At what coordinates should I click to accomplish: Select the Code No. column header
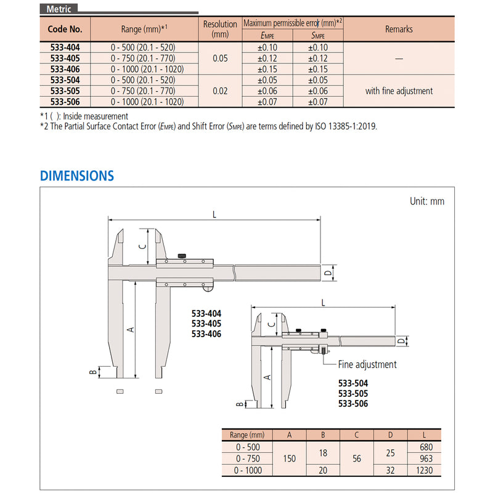pyautogui.click(x=65, y=29)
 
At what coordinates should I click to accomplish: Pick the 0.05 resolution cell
pyautogui.click(x=220, y=59)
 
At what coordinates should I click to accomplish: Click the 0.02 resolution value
pyautogui.click(x=220, y=91)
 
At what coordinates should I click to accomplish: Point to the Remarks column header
pyautogui.click(x=399, y=29)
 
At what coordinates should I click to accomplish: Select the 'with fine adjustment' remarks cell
pyautogui.click(x=399, y=91)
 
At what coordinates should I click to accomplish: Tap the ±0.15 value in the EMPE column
pyautogui.click(x=266, y=69)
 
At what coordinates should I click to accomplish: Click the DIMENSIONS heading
pyautogui.click(x=77, y=176)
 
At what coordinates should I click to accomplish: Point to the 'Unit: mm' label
pyautogui.click(x=426, y=202)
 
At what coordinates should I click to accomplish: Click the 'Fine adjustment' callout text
pyautogui.click(x=367, y=364)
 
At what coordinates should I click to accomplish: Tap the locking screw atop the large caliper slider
pyautogui.click(x=183, y=255)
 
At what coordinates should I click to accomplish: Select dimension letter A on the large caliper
pyautogui.click(x=130, y=329)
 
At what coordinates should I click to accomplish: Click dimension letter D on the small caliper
pyautogui.click(x=399, y=340)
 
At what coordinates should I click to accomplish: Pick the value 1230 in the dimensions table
pyautogui.click(x=426, y=470)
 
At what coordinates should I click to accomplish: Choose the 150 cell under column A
pyautogui.click(x=290, y=458)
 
